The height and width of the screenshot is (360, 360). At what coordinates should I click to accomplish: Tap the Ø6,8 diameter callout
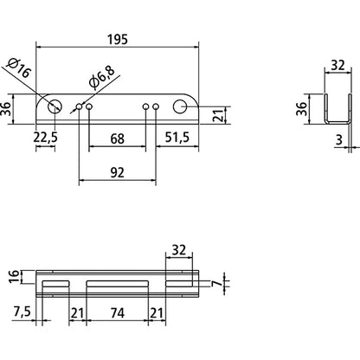[103, 84]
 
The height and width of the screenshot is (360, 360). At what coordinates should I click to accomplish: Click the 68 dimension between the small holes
[117, 137]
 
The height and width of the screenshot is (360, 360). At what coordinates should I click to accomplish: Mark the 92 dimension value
[117, 172]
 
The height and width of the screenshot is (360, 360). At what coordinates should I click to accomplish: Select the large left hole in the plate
[55, 106]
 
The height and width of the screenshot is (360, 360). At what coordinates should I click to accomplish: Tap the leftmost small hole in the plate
[79, 106]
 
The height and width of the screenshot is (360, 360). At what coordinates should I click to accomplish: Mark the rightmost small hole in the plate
[157, 106]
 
